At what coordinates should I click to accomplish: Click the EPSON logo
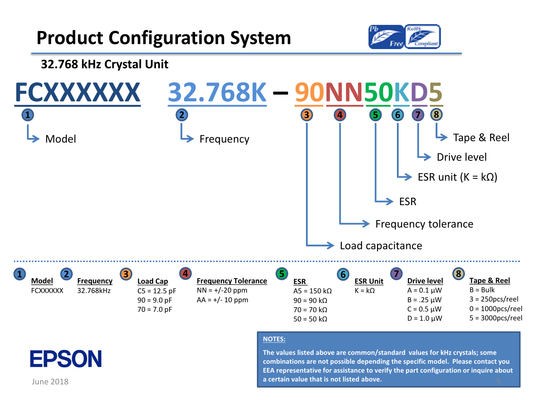[x=66, y=358]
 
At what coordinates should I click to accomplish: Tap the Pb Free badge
[x=386, y=37]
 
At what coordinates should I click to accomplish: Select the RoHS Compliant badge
[x=422, y=37]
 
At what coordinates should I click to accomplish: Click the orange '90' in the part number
[x=309, y=92]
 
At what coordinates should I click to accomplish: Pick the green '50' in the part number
[x=378, y=92]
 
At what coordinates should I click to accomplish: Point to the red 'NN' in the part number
[x=344, y=92]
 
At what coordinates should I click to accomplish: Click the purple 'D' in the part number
[x=419, y=92]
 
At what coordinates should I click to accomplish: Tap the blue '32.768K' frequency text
[x=217, y=92]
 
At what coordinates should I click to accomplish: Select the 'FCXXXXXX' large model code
[x=77, y=92]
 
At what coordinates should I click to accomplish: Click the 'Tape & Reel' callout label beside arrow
[x=481, y=138]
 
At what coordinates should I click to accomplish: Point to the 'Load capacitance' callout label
[x=381, y=246]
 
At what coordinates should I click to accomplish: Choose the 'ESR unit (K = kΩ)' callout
[x=457, y=177]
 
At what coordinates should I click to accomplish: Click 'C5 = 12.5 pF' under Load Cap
[x=157, y=291]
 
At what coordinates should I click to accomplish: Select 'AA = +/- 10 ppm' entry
[x=222, y=300]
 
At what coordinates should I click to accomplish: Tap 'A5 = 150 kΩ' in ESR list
[x=312, y=291]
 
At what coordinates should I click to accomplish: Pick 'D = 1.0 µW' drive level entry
[x=425, y=318]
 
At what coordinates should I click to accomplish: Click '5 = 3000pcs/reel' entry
[x=496, y=318]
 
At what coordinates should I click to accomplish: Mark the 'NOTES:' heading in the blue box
[x=274, y=339]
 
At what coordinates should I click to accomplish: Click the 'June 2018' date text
[x=50, y=382]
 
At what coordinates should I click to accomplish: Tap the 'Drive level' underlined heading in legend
[x=425, y=281]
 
